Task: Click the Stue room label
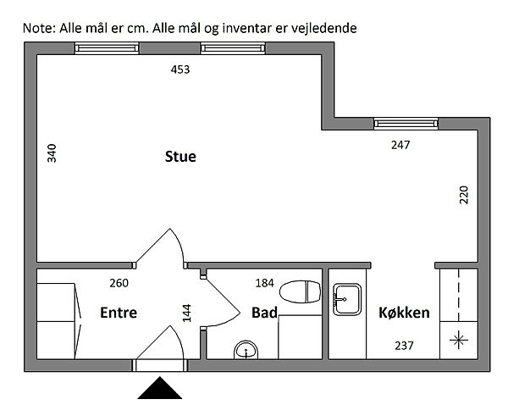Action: (x=180, y=157)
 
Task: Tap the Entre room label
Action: (x=119, y=313)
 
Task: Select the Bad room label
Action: (x=264, y=313)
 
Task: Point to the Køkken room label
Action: (x=404, y=313)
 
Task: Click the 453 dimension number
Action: (x=180, y=69)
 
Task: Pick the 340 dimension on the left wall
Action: (x=52, y=153)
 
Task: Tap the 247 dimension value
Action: (x=400, y=145)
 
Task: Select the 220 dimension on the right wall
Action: (x=464, y=195)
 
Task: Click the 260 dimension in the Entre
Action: (x=119, y=283)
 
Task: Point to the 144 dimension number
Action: (x=187, y=313)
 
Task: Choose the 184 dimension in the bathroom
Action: (x=265, y=283)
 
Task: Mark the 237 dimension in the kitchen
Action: (x=404, y=346)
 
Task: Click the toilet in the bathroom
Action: (x=300, y=291)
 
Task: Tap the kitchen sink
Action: (x=347, y=299)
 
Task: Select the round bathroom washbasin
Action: (x=246, y=351)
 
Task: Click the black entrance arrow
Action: (x=160, y=388)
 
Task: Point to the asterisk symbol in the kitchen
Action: (x=458, y=341)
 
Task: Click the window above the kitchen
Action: (x=406, y=124)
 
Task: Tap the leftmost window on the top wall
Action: (x=107, y=48)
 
